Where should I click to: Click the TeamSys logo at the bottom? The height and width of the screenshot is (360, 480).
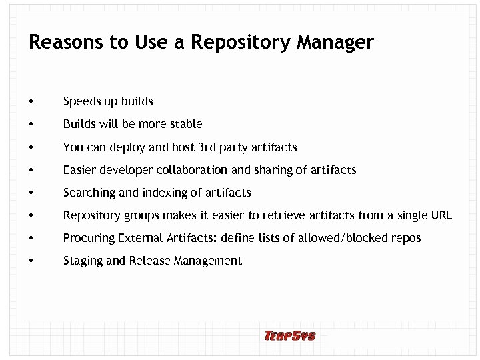tap(289, 336)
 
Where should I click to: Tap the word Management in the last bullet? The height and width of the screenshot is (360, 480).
tap(208, 261)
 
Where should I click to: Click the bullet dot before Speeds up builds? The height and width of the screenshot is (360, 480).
tap(31, 102)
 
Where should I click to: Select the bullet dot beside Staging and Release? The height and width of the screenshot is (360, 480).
tap(31, 261)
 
